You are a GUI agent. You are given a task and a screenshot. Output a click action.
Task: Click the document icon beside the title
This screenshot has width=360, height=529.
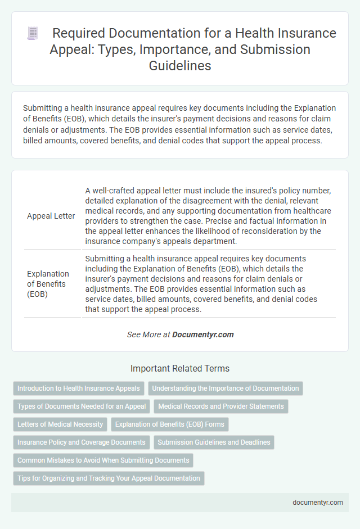pos(33,33)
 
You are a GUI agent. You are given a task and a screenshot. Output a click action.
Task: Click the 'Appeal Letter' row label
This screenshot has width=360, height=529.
pos(51,216)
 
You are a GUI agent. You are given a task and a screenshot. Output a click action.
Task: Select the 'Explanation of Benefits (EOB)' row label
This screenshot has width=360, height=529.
pos(48,284)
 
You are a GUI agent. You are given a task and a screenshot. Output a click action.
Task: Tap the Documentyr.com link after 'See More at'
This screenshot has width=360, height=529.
pos(202,334)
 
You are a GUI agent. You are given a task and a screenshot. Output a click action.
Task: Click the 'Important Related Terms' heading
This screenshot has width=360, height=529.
pos(179,369)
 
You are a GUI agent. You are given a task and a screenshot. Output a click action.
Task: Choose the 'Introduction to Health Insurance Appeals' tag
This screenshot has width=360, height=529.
pos(79,388)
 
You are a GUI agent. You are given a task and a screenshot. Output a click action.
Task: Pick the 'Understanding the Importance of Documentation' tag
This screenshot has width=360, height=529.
pos(225,388)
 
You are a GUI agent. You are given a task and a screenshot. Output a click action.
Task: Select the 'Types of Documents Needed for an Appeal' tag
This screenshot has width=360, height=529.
pos(82,406)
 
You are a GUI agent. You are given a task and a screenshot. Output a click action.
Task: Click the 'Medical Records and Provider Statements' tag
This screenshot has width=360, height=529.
pos(221,406)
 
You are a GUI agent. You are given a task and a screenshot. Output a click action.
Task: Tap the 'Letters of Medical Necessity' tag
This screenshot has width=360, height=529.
pos(60,424)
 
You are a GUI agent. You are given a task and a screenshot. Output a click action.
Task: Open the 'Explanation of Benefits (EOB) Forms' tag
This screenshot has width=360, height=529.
pos(170,424)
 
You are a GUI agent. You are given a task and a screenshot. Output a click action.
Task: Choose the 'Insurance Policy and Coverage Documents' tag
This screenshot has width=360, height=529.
pos(82,442)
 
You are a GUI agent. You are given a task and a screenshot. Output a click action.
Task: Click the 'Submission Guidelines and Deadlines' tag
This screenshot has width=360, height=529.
pos(214,442)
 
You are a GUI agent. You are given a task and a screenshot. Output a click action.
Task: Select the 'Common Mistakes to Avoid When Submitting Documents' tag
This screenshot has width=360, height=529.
pos(103,460)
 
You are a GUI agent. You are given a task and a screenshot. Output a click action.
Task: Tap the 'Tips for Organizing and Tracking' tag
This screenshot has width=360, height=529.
pos(109,478)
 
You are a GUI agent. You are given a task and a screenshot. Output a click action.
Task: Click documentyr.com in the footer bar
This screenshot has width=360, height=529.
pos(318,503)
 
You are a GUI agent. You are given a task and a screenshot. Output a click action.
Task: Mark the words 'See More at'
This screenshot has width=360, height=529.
pos(148,334)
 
